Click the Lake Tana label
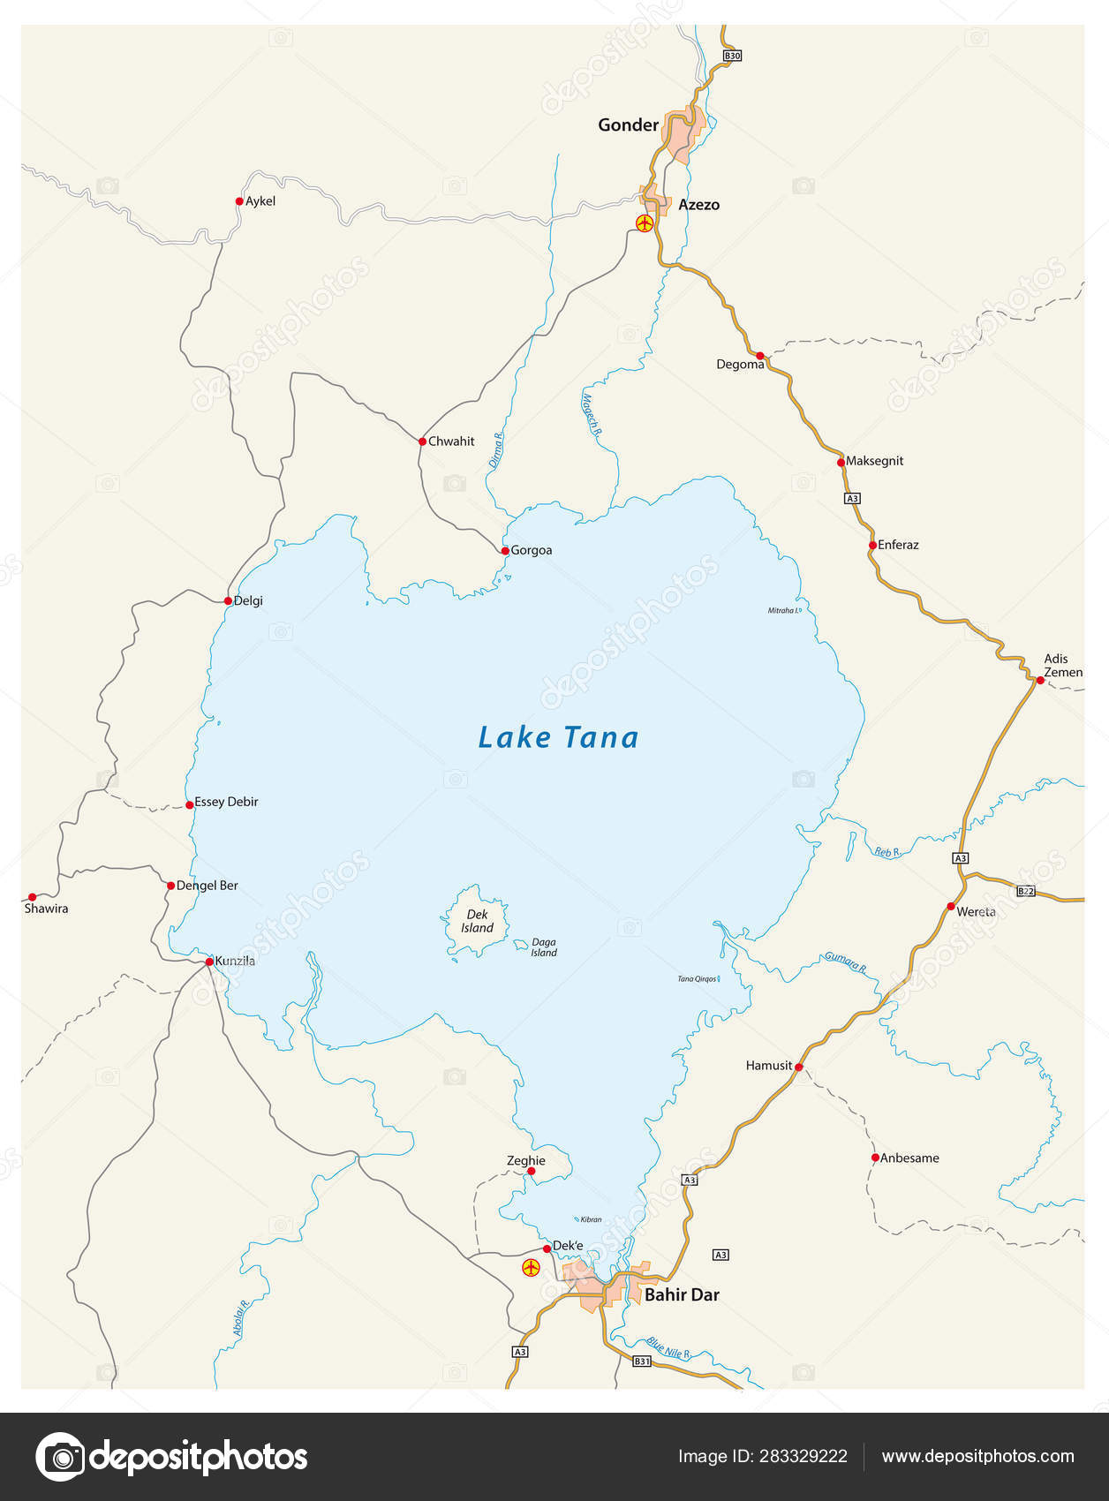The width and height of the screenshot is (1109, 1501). click(558, 737)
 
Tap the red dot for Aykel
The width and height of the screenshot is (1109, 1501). click(239, 201)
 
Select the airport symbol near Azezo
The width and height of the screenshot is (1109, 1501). click(645, 223)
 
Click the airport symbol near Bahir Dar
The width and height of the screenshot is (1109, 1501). click(531, 1268)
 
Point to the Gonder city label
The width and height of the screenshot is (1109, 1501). click(628, 124)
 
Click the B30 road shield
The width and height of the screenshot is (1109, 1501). click(731, 56)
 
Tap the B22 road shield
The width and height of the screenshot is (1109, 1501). click(1025, 891)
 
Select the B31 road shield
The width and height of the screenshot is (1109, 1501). click(642, 1361)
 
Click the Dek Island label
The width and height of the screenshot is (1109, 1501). click(477, 921)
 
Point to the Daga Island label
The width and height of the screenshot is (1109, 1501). click(544, 947)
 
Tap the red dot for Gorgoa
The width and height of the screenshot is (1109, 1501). click(505, 550)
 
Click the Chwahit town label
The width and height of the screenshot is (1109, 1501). click(451, 441)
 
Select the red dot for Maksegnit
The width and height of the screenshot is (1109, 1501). click(841, 462)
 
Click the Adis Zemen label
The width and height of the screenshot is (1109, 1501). click(1062, 665)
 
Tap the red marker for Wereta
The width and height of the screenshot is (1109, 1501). click(951, 907)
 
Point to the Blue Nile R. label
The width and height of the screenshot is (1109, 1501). click(668, 1346)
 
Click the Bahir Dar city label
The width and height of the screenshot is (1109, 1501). click(682, 1294)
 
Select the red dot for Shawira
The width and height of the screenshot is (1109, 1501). click(32, 897)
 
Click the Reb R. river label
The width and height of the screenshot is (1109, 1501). click(886, 852)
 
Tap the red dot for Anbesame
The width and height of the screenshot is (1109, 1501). click(875, 1158)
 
